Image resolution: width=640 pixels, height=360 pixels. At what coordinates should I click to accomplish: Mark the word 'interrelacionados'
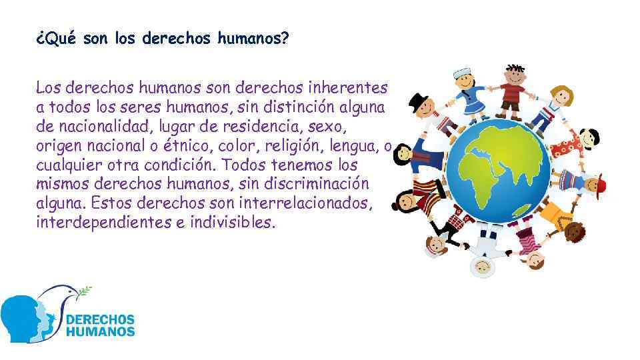point(323,203)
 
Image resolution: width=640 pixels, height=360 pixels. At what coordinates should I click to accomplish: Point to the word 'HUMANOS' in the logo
point(101,331)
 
